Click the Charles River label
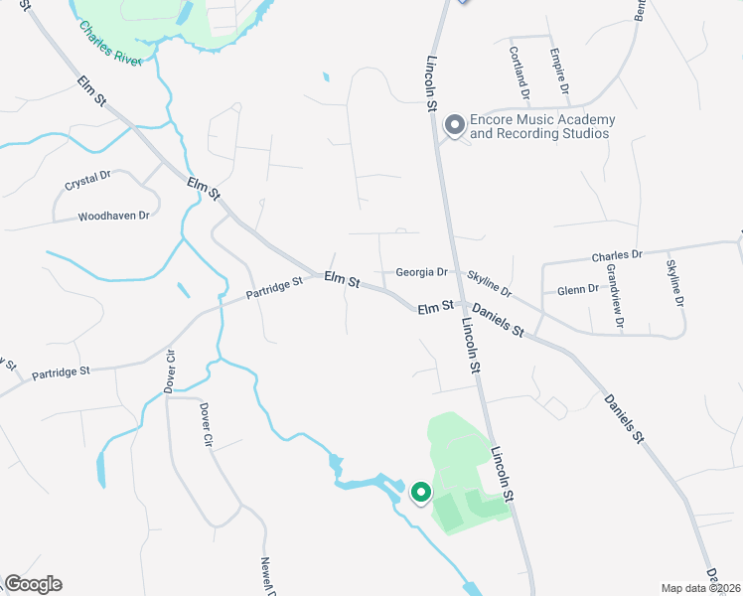pyautogui.click(x=111, y=44)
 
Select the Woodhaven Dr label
pyautogui.click(x=113, y=216)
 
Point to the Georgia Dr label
pyautogui.click(x=422, y=271)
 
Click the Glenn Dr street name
pyautogui.click(x=578, y=289)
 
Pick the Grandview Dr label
pyautogui.click(x=615, y=295)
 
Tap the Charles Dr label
pyautogui.click(x=618, y=255)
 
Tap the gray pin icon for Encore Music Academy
pyautogui.click(x=454, y=125)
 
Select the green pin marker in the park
pyautogui.click(x=420, y=492)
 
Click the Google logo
pyautogui.click(x=33, y=584)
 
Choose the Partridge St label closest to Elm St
pyautogui.click(x=274, y=289)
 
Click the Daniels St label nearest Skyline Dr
pyautogui.click(x=497, y=319)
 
